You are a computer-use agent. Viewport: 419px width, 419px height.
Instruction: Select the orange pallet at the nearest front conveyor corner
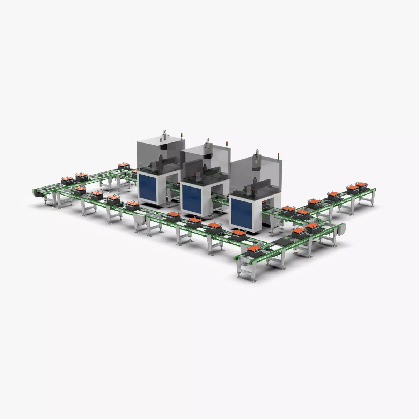[254, 250]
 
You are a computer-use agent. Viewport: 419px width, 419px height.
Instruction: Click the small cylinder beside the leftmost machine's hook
[159, 140]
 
